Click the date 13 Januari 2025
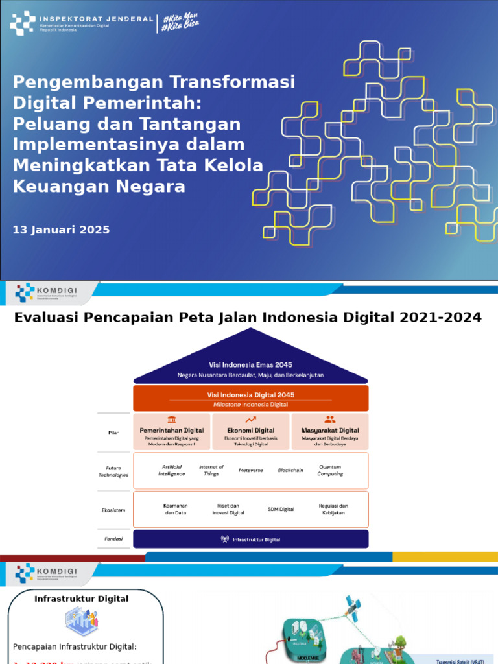pyautogui.click(x=62, y=230)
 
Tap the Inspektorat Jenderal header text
pyautogui.click(x=96, y=19)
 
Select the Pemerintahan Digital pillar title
pyautogui.click(x=172, y=430)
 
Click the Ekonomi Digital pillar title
pyautogui.click(x=251, y=430)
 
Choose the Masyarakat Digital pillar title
pyautogui.click(x=330, y=430)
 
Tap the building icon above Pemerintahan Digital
pyautogui.click(x=172, y=420)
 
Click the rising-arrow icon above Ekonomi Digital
pyautogui.click(x=251, y=420)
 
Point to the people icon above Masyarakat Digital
pyautogui.click(x=330, y=420)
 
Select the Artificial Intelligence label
pyautogui.click(x=172, y=470)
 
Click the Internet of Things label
pyautogui.click(x=211, y=470)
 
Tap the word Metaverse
pyautogui.click(x=251, y=470)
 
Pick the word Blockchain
pyautogui.click(x=290, y=470)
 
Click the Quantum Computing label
pyautogui.click(x=330, y=470)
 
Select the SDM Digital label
pyautogui.click(x=281, y=510)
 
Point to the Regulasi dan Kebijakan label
pyautogui.click(x=333, y=509)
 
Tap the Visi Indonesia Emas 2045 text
pyautogui.click(x=251, y=364)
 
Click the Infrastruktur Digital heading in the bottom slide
pyautogui.click(x=82, y=599)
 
